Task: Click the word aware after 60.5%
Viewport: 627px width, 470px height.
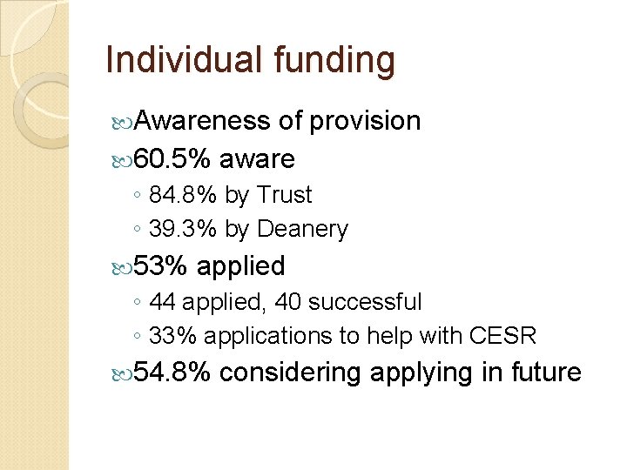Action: tap(257, 159)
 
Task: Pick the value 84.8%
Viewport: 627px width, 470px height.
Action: tap(184, 196)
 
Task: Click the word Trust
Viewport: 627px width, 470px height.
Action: tap(283, 196)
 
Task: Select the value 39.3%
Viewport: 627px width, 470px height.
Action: tap(184, 230)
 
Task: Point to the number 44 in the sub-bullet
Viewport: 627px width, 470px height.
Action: tap(162, 302)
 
